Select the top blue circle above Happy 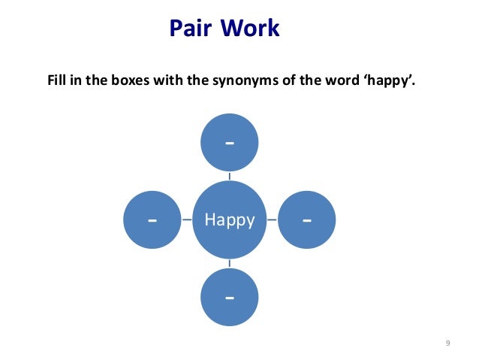229,143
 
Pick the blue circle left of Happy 152,220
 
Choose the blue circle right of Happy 307,220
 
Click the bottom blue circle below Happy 229,298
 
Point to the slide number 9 447,343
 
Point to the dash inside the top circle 229,144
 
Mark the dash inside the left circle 152,221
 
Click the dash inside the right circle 307,221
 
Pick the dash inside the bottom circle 229,298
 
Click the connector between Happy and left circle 186,220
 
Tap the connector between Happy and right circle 272,220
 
